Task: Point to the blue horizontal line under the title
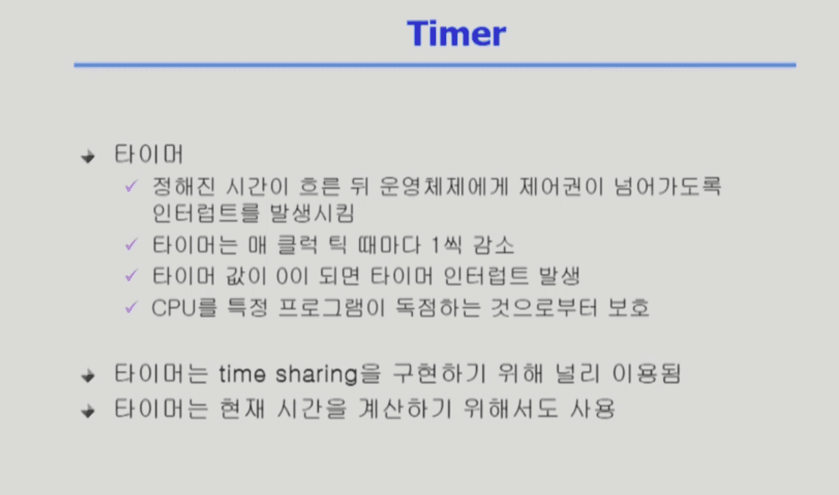click(x=435, y=65)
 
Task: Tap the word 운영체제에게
click(x=444, y=186)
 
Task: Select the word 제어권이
click(x=561, y=186)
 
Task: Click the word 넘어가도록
click(x=667, y=186)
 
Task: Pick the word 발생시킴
click(x=312, y=214)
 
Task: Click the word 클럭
click(x=297, y=245)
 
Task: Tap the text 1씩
click(x=447, y=245)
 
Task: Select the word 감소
click(x=494, y=245)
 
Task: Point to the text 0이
click(x=292, y=276)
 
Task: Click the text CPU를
click(x=184, y=308)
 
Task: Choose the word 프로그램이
click(x=332, y=308)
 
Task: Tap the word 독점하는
click(x=438, y=308)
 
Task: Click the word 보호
click(x=628, y=308)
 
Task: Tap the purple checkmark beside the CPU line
click(x=132, y=307)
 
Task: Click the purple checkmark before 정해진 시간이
click(x=132, y=186)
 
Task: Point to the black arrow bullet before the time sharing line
click(x=88, y=376)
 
